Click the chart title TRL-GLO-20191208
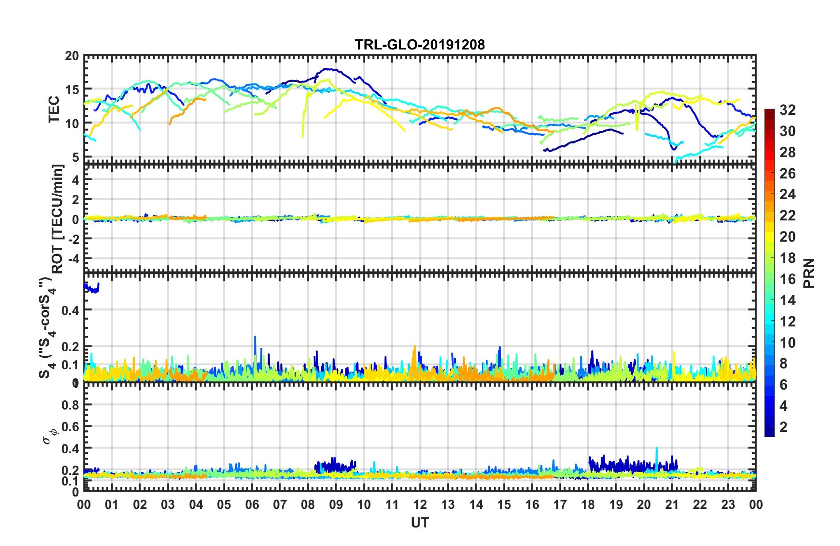tap(420, 45)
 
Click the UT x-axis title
tap(420, 523)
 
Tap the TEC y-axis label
tap(54, 109)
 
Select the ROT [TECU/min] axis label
tap(57, 219)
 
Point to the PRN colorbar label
tap(809, 273)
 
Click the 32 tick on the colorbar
tap(787, 110)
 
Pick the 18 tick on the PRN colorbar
tap(787, 258)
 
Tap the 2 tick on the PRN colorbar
tap(783, 427)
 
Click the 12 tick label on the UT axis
tap(420, 504)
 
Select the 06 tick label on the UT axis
tap(252, 504)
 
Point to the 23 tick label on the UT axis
tap(728, 504)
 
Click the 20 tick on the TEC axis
tap(72, 56)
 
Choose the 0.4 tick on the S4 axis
tap(70, 311)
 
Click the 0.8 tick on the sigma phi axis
tap(70, 405)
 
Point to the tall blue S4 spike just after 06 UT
tap(255, 338)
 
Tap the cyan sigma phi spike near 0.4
tap(656, 449)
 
